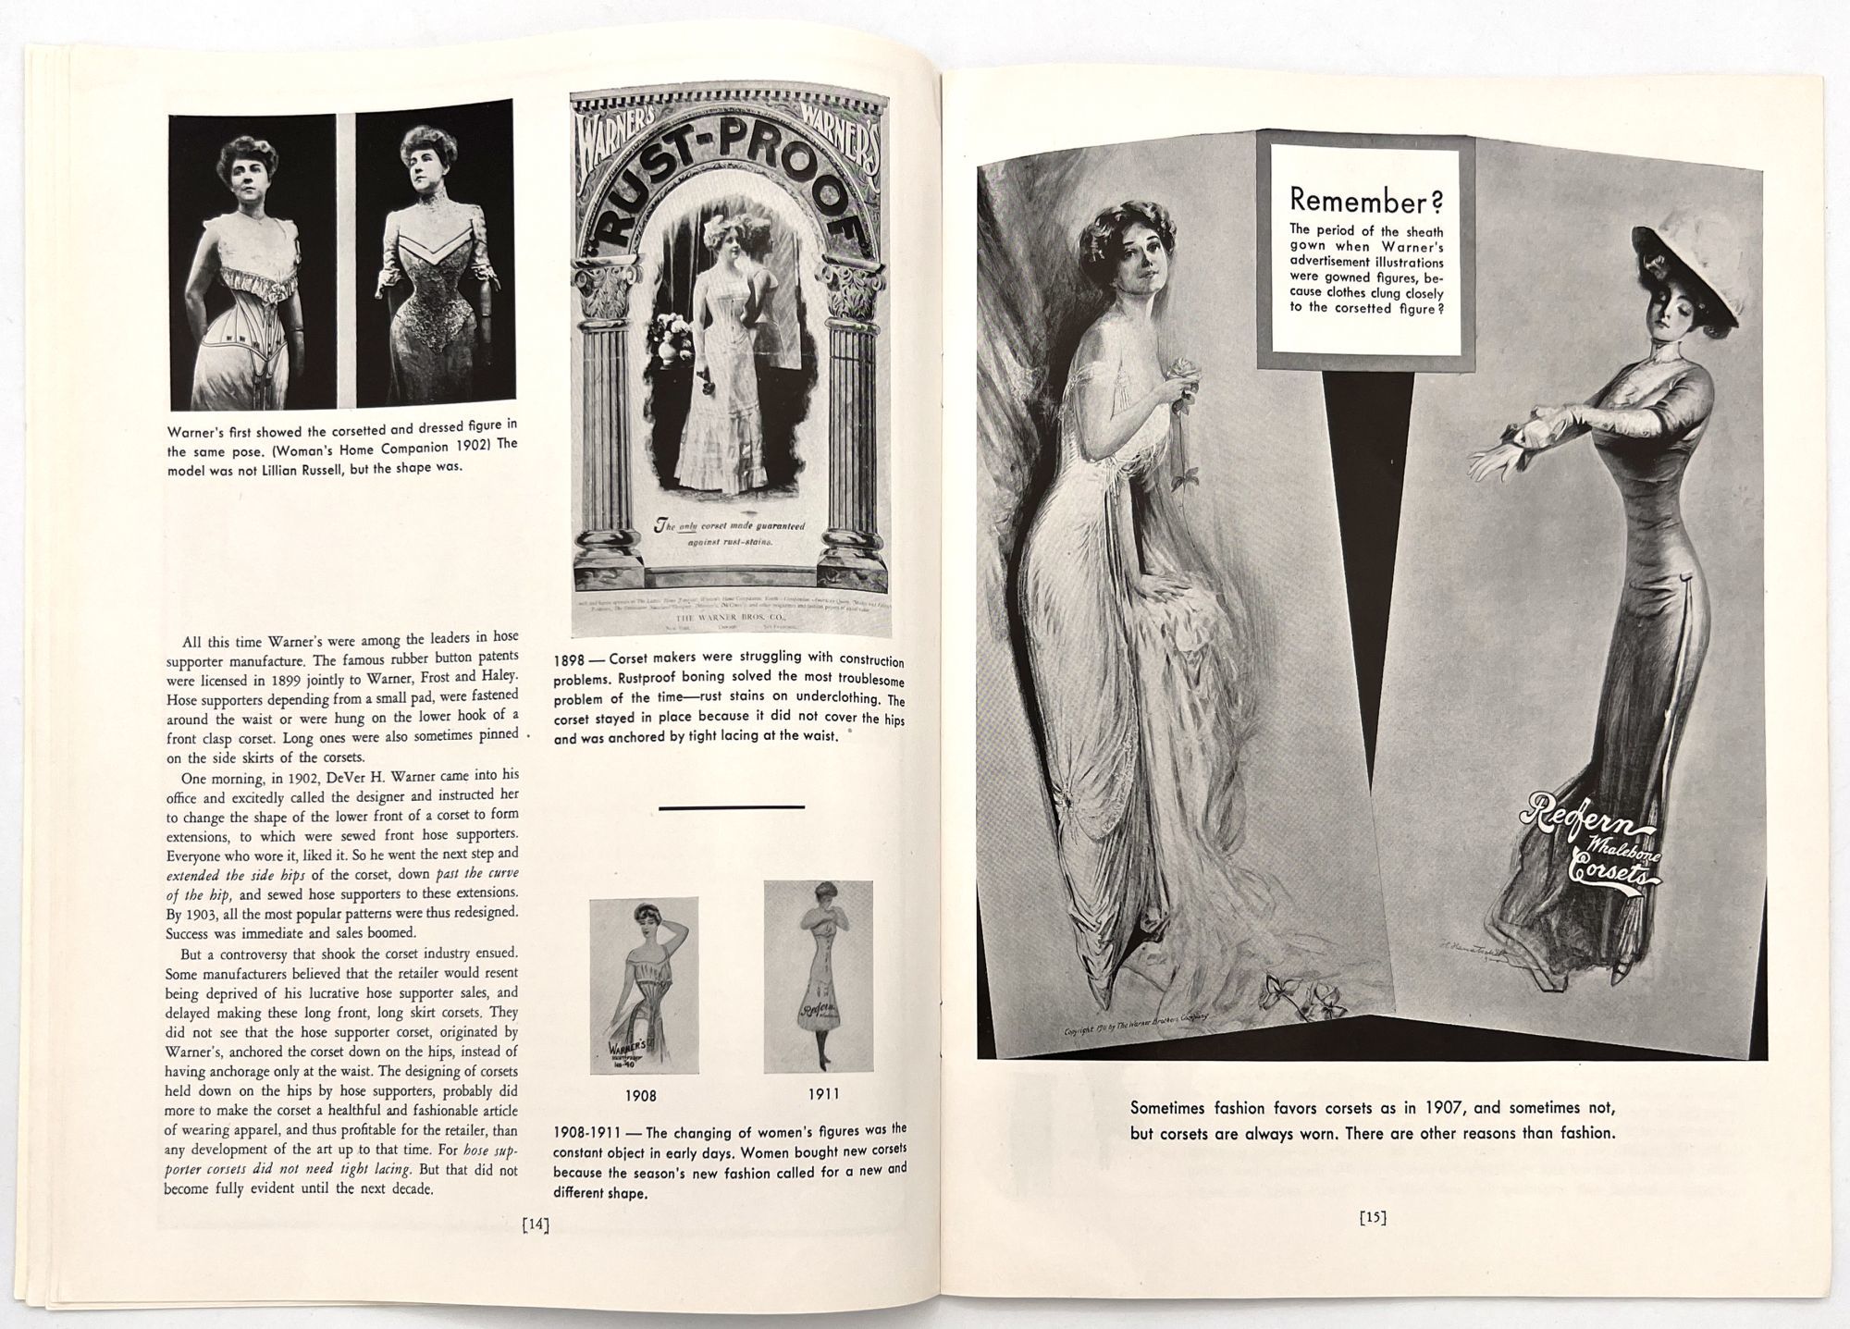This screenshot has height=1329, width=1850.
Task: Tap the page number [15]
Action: pyautogui.click(x=1373, y=1218)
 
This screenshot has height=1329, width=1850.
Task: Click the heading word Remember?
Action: pyautogui.click(x=1365, y=200)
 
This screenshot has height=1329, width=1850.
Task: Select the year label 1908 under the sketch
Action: pyautogui.click(x=640, y=1095)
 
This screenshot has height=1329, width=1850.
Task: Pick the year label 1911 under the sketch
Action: pyautogui.click(x=823, y=1093)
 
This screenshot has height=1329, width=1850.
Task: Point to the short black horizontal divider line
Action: pyautogui.click(x=731, y=807)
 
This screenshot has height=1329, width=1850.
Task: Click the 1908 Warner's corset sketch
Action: pyautogui.click(x=644, y=985)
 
